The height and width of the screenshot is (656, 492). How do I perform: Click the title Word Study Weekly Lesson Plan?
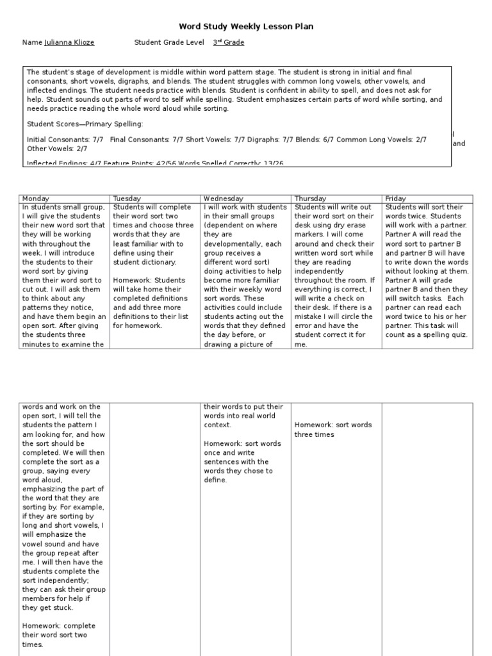point(246,26)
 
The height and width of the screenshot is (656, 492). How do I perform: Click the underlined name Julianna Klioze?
point(69,43)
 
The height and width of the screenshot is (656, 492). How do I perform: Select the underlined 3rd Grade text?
point(228,43)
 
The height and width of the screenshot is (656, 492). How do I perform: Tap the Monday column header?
point(35,199)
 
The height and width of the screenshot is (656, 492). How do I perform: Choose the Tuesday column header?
point(127,199)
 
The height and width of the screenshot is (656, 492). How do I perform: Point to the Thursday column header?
point(310,199)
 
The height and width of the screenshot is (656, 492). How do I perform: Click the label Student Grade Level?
point(170,43)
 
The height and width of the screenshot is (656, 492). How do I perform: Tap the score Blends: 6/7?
point(313,139)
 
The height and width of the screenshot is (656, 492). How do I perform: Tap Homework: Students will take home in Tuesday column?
point(149,280)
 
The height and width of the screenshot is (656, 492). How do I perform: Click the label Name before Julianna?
point(32,43)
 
